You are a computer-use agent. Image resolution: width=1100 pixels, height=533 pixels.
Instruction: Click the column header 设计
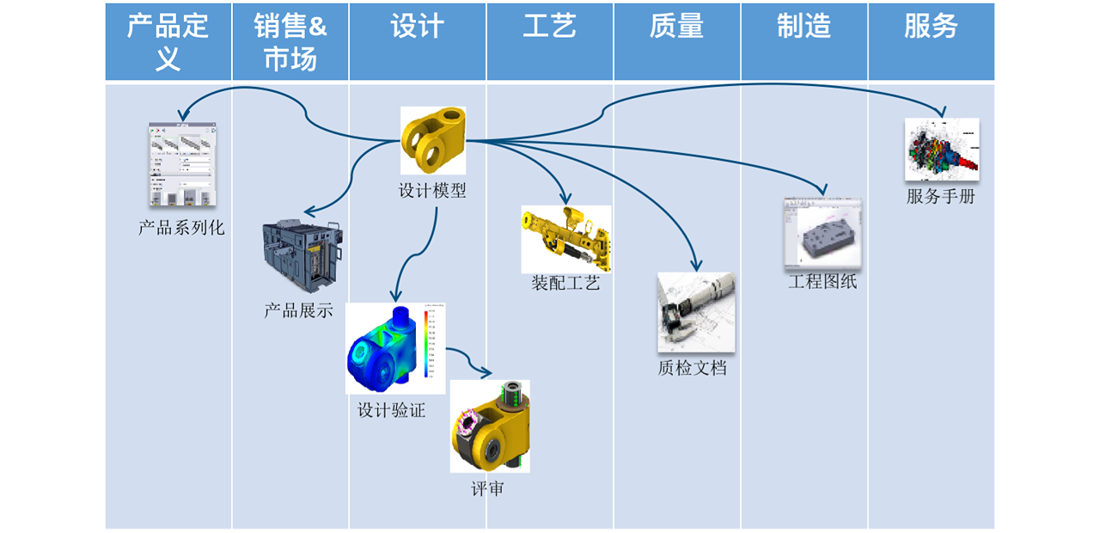click(x=418, y=28)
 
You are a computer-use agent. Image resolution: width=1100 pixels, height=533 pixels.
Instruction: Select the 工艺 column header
click(x=549, y=28)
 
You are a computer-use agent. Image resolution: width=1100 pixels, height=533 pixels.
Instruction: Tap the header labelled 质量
click(x=676, y=28)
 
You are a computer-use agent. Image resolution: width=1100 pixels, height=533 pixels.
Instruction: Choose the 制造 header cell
click(x=804, y=28)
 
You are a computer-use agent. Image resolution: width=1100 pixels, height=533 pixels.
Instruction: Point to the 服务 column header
click(x=931, y=28)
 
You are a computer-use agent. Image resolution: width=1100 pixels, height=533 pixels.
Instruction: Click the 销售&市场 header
click(x=290, y=42)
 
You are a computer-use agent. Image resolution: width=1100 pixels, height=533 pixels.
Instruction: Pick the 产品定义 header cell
click(x=168, y=42)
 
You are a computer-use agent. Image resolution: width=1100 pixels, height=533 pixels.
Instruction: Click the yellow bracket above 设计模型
click(x=433, y=140)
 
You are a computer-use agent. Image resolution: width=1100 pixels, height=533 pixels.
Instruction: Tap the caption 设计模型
click(x=432, y=191)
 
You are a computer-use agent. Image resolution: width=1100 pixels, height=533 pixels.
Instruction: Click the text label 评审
click(x=487, y=489)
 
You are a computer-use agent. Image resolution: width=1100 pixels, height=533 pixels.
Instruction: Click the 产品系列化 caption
click(x=181, y=228)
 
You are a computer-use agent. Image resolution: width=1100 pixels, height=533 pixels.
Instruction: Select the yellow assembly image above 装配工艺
click(x=565, y=238)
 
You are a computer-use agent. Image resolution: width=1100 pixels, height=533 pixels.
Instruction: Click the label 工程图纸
click(x=822, y=281)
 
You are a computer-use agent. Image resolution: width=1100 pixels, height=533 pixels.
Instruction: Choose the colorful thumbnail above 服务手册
click(x=941, y=150)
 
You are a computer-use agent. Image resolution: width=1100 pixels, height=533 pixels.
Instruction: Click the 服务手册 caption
click(x=941, y=196)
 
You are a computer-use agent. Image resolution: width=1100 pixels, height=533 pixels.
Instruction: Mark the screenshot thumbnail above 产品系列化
click(x=182, y=164)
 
